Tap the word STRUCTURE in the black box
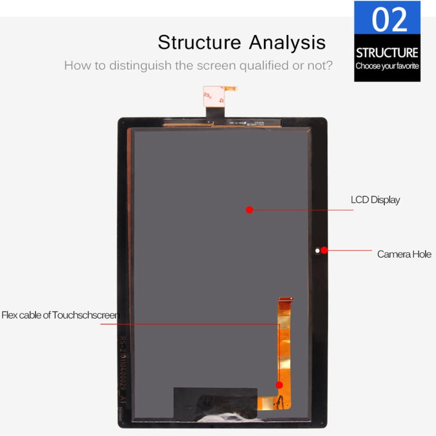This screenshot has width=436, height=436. [387, 53]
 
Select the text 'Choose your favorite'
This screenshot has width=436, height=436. [387, 66]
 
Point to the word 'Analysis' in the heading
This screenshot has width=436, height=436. [288, 42]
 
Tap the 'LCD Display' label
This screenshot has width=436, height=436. [375, 200]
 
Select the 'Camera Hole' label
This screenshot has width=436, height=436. [404, 254]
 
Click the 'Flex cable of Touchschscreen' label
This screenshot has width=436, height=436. [60, 315]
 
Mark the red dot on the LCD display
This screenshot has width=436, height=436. [249, 210]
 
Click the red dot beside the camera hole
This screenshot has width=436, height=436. [324, 251]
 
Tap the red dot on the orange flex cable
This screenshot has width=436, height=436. [279, 385]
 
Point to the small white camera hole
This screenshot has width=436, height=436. [317, 251]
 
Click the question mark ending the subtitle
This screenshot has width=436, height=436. [330, 65]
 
